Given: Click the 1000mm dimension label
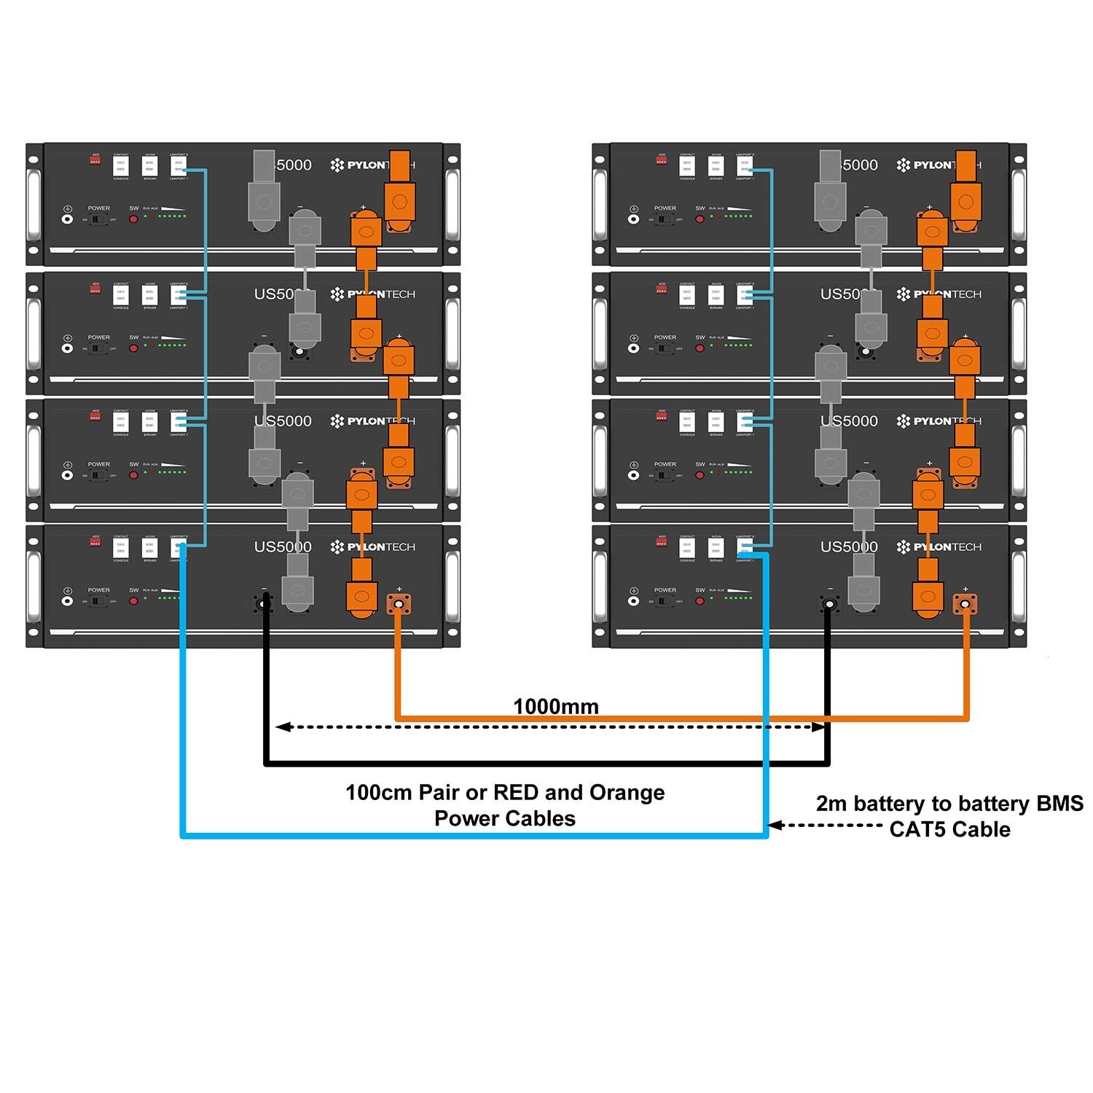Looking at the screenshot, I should (x=556, y=706).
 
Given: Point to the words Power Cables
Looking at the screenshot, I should (x=504, y=818).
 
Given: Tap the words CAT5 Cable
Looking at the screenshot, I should (x=949, y=829).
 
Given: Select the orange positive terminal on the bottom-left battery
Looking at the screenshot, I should (x=399, y=603).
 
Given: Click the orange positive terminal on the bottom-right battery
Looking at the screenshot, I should (x=965, y=603).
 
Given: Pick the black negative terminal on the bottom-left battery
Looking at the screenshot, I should (x=265, y=603).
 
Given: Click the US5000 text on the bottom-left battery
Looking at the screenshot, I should (x=283, y=546).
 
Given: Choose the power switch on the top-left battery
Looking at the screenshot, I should (x=98, y=219).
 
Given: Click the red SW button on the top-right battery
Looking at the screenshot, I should (x=700, y=219).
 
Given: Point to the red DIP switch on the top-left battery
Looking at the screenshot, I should (x=95, y=159).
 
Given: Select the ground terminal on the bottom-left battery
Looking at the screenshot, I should (x=67, y=601).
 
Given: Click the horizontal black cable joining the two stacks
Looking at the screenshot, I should (x=546, y=763).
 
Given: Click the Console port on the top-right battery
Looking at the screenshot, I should (x=686, y=167).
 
